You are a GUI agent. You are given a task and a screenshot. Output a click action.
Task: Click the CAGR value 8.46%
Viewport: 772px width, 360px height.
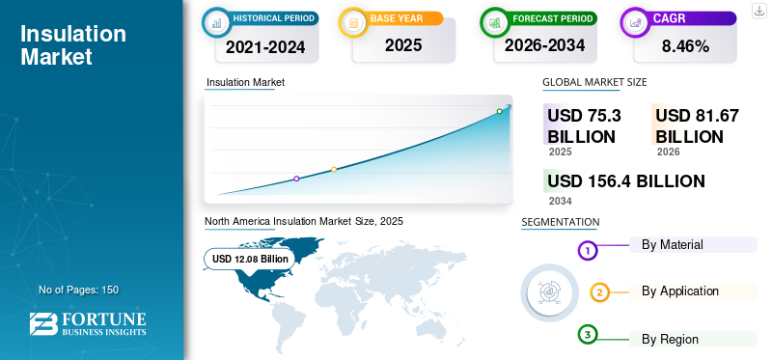(686, 45)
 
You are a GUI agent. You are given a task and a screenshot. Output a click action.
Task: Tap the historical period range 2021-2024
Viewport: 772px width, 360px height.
(264, 45)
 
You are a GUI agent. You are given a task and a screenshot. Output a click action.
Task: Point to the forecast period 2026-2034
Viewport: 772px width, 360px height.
(544, 45)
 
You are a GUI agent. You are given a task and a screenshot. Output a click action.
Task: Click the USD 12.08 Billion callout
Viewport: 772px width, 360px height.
(250, 259)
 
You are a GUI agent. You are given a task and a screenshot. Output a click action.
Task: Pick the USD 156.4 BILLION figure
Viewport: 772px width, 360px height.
(625, 180)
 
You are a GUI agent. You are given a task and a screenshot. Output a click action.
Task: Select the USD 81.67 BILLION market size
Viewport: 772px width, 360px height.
(697, 125)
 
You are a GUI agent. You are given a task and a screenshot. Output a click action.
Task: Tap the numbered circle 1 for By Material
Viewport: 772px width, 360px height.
(588, 251)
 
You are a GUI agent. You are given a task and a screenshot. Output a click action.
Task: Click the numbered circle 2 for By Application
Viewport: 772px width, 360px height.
(599, 292)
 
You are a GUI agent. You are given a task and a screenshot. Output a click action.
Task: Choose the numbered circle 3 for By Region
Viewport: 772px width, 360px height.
(588, 335)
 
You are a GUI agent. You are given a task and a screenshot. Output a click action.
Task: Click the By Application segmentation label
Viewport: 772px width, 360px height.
(680, 291)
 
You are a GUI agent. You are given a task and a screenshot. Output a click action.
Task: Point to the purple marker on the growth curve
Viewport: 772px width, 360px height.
(296, 179)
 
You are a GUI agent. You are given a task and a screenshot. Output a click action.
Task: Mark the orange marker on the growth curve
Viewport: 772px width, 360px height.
(334, 169)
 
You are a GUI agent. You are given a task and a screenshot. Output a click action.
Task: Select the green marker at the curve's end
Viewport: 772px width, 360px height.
(499, 111)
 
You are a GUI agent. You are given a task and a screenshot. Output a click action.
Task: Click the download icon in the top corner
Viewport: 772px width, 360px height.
(758, 10)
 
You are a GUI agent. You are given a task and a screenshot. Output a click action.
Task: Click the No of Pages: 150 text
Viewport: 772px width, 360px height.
(78, 290)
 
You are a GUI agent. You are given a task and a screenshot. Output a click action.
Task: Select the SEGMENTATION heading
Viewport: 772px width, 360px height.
(560, 222)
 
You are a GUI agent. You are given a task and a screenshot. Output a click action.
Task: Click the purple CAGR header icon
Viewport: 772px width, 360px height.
(636, 19)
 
